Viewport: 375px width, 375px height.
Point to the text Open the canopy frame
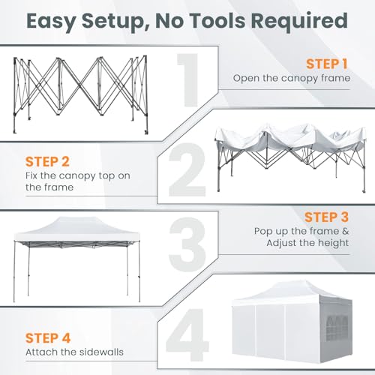pyautogui.click(x=290, y=78)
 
